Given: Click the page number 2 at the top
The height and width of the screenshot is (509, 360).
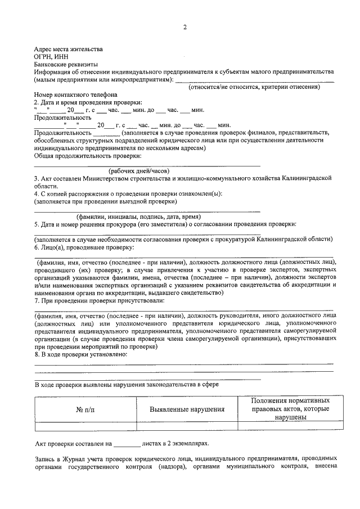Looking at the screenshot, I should tap(183, 28).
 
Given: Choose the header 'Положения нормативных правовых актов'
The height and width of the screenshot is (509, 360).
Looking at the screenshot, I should tap(290, 409).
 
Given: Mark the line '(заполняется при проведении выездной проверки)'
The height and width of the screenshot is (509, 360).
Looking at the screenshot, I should tap(105, 201).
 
